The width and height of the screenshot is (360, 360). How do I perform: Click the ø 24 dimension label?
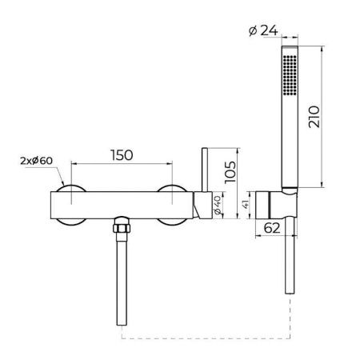(x=263, y=30)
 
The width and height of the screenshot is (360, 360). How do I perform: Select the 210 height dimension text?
(x=314, y=117)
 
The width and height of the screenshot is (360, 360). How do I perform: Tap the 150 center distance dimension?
(x=122, y=155)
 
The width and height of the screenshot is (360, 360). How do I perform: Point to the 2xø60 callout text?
(x=37, y=161)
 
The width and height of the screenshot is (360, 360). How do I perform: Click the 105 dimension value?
(x=230, y=172)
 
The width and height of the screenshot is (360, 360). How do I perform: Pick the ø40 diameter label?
(x=218, y=205)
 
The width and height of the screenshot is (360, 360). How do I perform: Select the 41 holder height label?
(x=246, y=205)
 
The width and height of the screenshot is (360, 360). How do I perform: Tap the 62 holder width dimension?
(x=272, y=228)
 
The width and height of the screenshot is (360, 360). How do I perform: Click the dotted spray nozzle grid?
(x=290, y=74)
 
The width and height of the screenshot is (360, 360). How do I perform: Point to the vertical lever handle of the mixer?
(x=205, y=170)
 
